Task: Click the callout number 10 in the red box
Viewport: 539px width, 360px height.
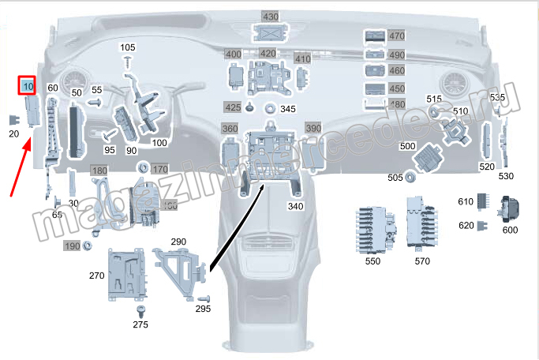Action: (x=28, y=84)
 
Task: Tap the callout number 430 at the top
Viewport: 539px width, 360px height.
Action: (x=271, y=17)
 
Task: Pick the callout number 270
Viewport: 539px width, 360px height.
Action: (x=96, y=276)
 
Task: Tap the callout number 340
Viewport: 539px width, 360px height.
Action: (x=295, y=207)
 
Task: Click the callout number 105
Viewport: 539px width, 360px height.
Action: (x=128, y=48)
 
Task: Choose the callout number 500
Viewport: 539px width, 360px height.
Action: (x=407, y=146)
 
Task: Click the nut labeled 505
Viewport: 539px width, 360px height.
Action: (x=412, y=177)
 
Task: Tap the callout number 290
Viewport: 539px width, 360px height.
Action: (x=178, y=241)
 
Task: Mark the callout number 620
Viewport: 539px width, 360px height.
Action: (x=466, y=225)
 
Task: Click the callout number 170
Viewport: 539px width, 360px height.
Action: (x=160, y=169)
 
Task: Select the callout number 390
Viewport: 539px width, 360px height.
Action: (x=313, y=128)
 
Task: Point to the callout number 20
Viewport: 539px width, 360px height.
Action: (x=13, y=134)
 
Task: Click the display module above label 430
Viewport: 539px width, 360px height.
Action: (x=271, y=33)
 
